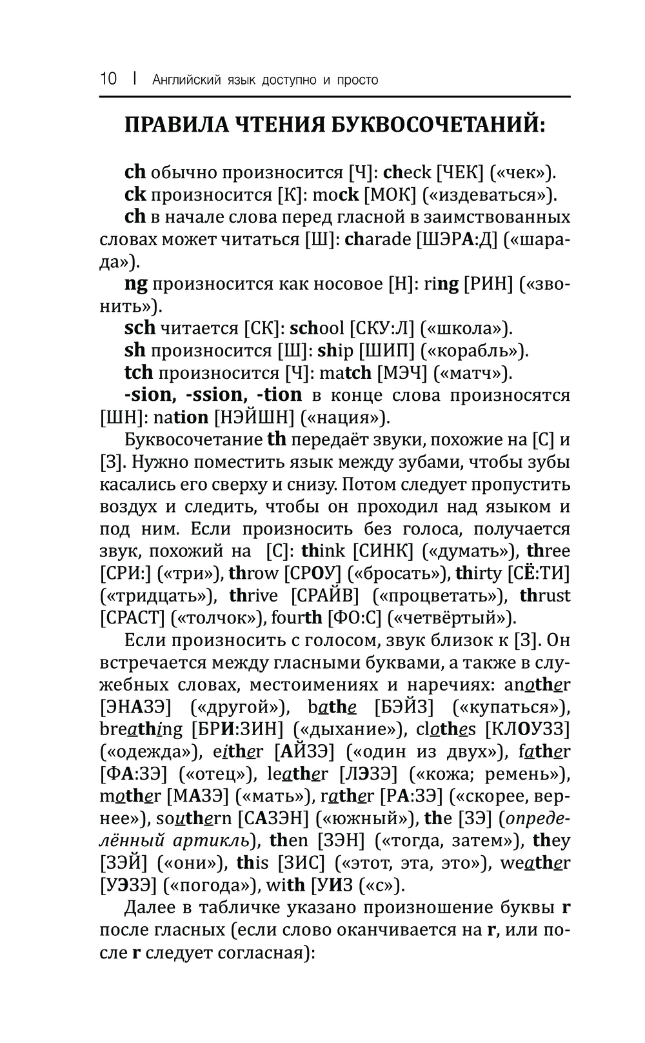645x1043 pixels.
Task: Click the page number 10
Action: pyautogui.click(x=108, y=79)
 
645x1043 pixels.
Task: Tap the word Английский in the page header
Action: pyautogui.click(x=184, y=80)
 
